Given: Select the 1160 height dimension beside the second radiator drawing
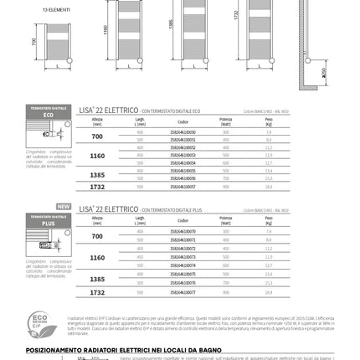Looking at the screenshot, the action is [x=105, y=30].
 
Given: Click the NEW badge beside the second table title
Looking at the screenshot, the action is [x=63, y=206].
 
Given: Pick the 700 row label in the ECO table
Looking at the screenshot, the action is [x=97, y=136].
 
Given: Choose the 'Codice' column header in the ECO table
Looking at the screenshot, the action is [x=183, y=123].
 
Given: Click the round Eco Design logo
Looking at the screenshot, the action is [x=39, y=322].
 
